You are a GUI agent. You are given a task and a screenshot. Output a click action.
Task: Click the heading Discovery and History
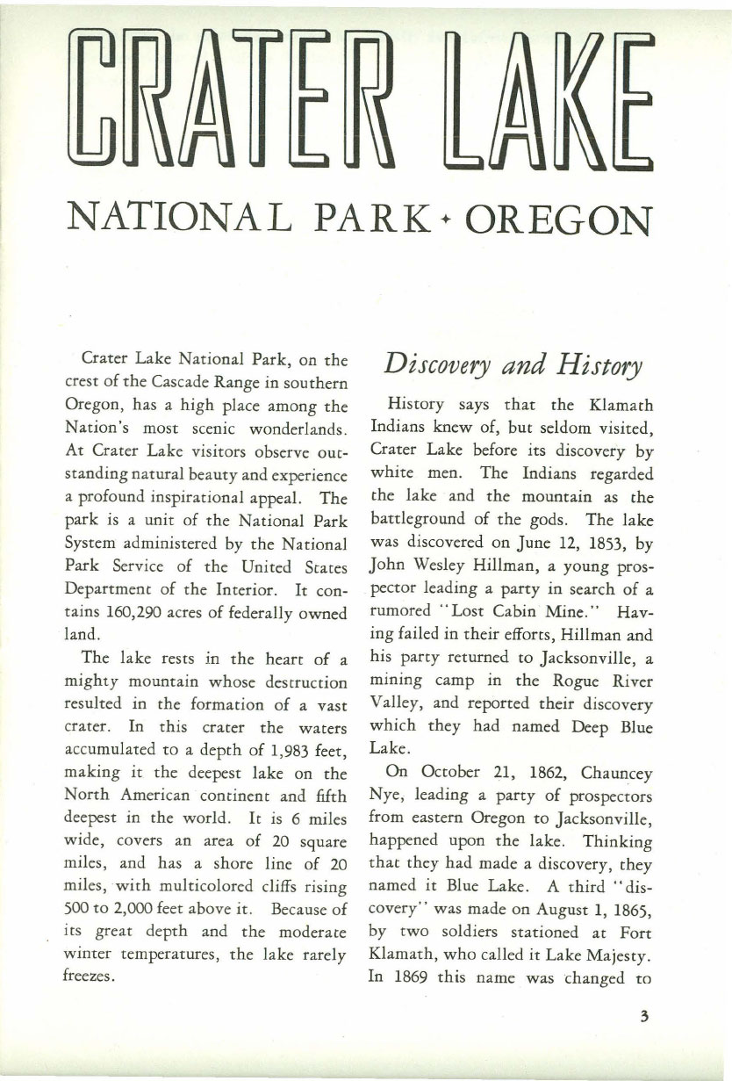click(513, 363)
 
